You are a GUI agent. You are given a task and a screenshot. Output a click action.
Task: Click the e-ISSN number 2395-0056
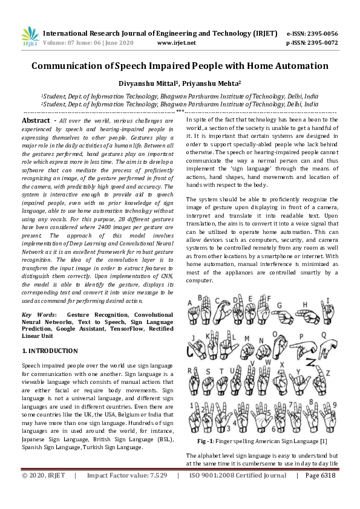[322, 33]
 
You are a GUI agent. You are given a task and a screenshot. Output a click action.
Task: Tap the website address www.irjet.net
[176, 43]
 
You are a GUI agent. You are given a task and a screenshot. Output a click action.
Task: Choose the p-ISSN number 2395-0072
[322, 43]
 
